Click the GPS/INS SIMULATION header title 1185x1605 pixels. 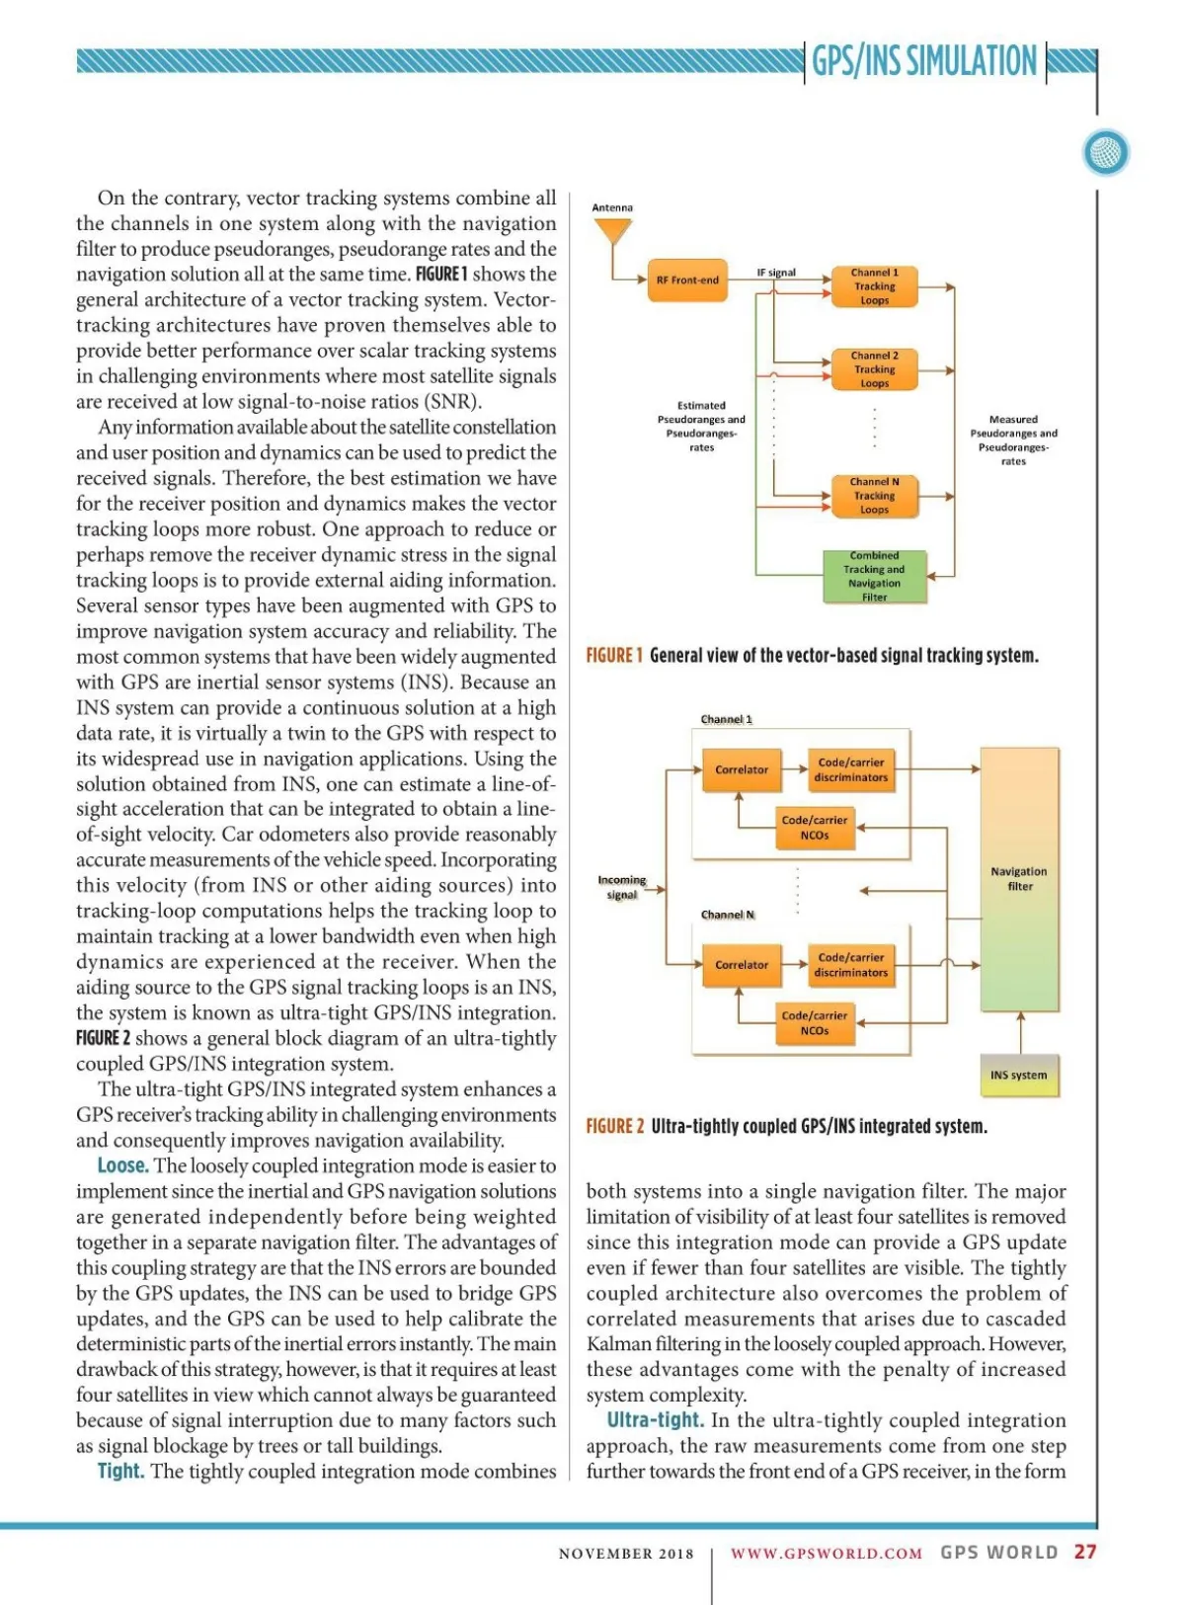click(924, 61)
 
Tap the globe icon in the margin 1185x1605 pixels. click(1106, 153)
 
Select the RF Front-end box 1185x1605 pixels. click(687, 281)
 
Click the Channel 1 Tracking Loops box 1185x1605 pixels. click(874, 286)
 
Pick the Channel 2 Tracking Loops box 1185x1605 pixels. click(874, 369)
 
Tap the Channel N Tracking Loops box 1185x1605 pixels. click(874, 496)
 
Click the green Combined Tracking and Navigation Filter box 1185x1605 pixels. click(874, 577)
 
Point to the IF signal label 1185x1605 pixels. click(776, 273)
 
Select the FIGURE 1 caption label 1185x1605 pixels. click(614, 656)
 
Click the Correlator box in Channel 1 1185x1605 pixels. click(742, 769)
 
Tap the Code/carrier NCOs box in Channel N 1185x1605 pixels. click(815, 1023)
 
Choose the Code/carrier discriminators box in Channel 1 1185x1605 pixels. click(851, 769)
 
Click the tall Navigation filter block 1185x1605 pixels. click(1019, 879)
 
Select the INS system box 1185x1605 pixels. click(1019, 1076)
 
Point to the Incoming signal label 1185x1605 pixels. click(621, 887)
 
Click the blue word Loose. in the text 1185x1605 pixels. click(122, 1166)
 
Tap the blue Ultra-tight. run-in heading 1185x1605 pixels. click(655, 1421)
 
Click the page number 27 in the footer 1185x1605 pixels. click(1085, 1552)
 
